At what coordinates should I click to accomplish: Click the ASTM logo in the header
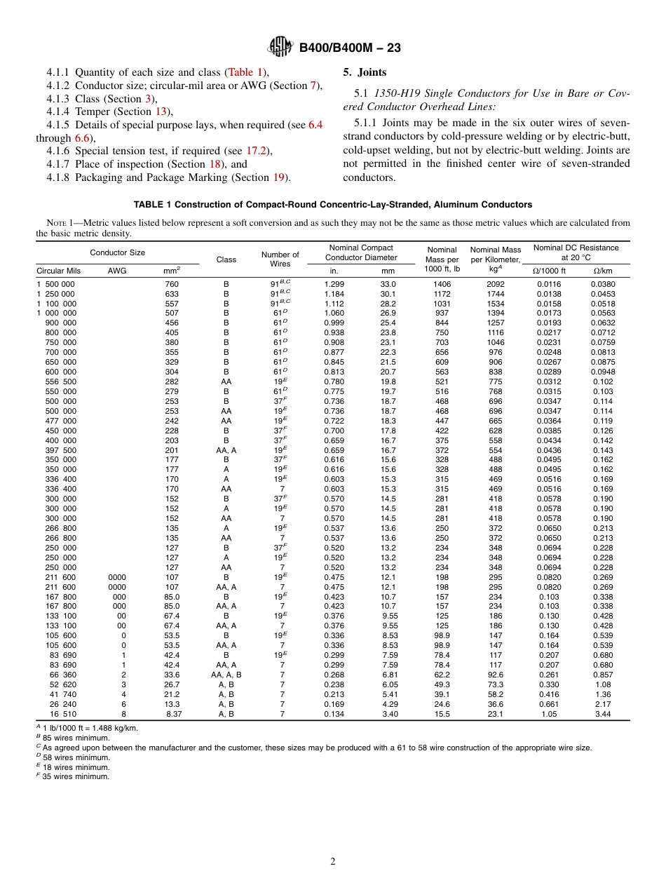280,48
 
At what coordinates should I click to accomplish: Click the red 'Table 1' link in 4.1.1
245,72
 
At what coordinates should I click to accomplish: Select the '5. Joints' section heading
365,72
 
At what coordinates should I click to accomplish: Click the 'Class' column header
226,259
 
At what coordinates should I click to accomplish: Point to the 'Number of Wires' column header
280,259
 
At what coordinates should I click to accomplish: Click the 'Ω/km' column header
603,271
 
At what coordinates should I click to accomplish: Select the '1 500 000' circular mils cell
55,284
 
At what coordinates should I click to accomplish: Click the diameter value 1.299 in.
334,284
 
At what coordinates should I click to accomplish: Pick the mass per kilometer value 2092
495,284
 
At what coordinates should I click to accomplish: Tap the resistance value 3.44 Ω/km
603,714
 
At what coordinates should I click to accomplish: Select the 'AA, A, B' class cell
226,675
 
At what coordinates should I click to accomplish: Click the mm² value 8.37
172,714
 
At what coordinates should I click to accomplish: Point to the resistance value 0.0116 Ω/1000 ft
549,284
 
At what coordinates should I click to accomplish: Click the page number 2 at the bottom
333,862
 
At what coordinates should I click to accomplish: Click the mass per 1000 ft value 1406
442,284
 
